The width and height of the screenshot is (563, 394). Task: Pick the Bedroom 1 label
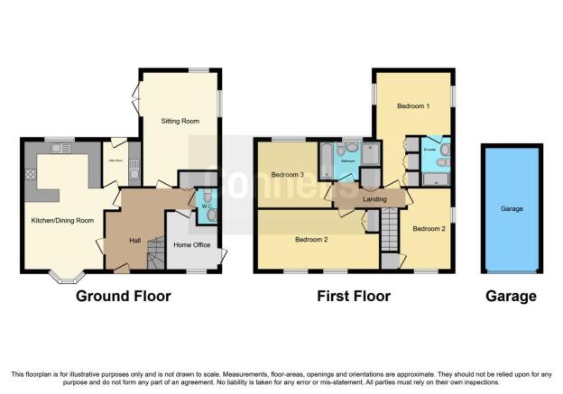pyautogui.click(x=413, y=107)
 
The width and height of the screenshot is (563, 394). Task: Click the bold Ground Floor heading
pyautogui.click(x=123, y=296)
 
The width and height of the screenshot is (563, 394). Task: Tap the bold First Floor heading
pyautogui.click(x=353, y=296)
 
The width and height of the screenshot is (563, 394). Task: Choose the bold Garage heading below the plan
pyautogui.click(x=511, y=296)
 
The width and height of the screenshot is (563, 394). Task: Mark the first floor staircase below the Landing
pyautogui.click(x=390, y=229)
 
